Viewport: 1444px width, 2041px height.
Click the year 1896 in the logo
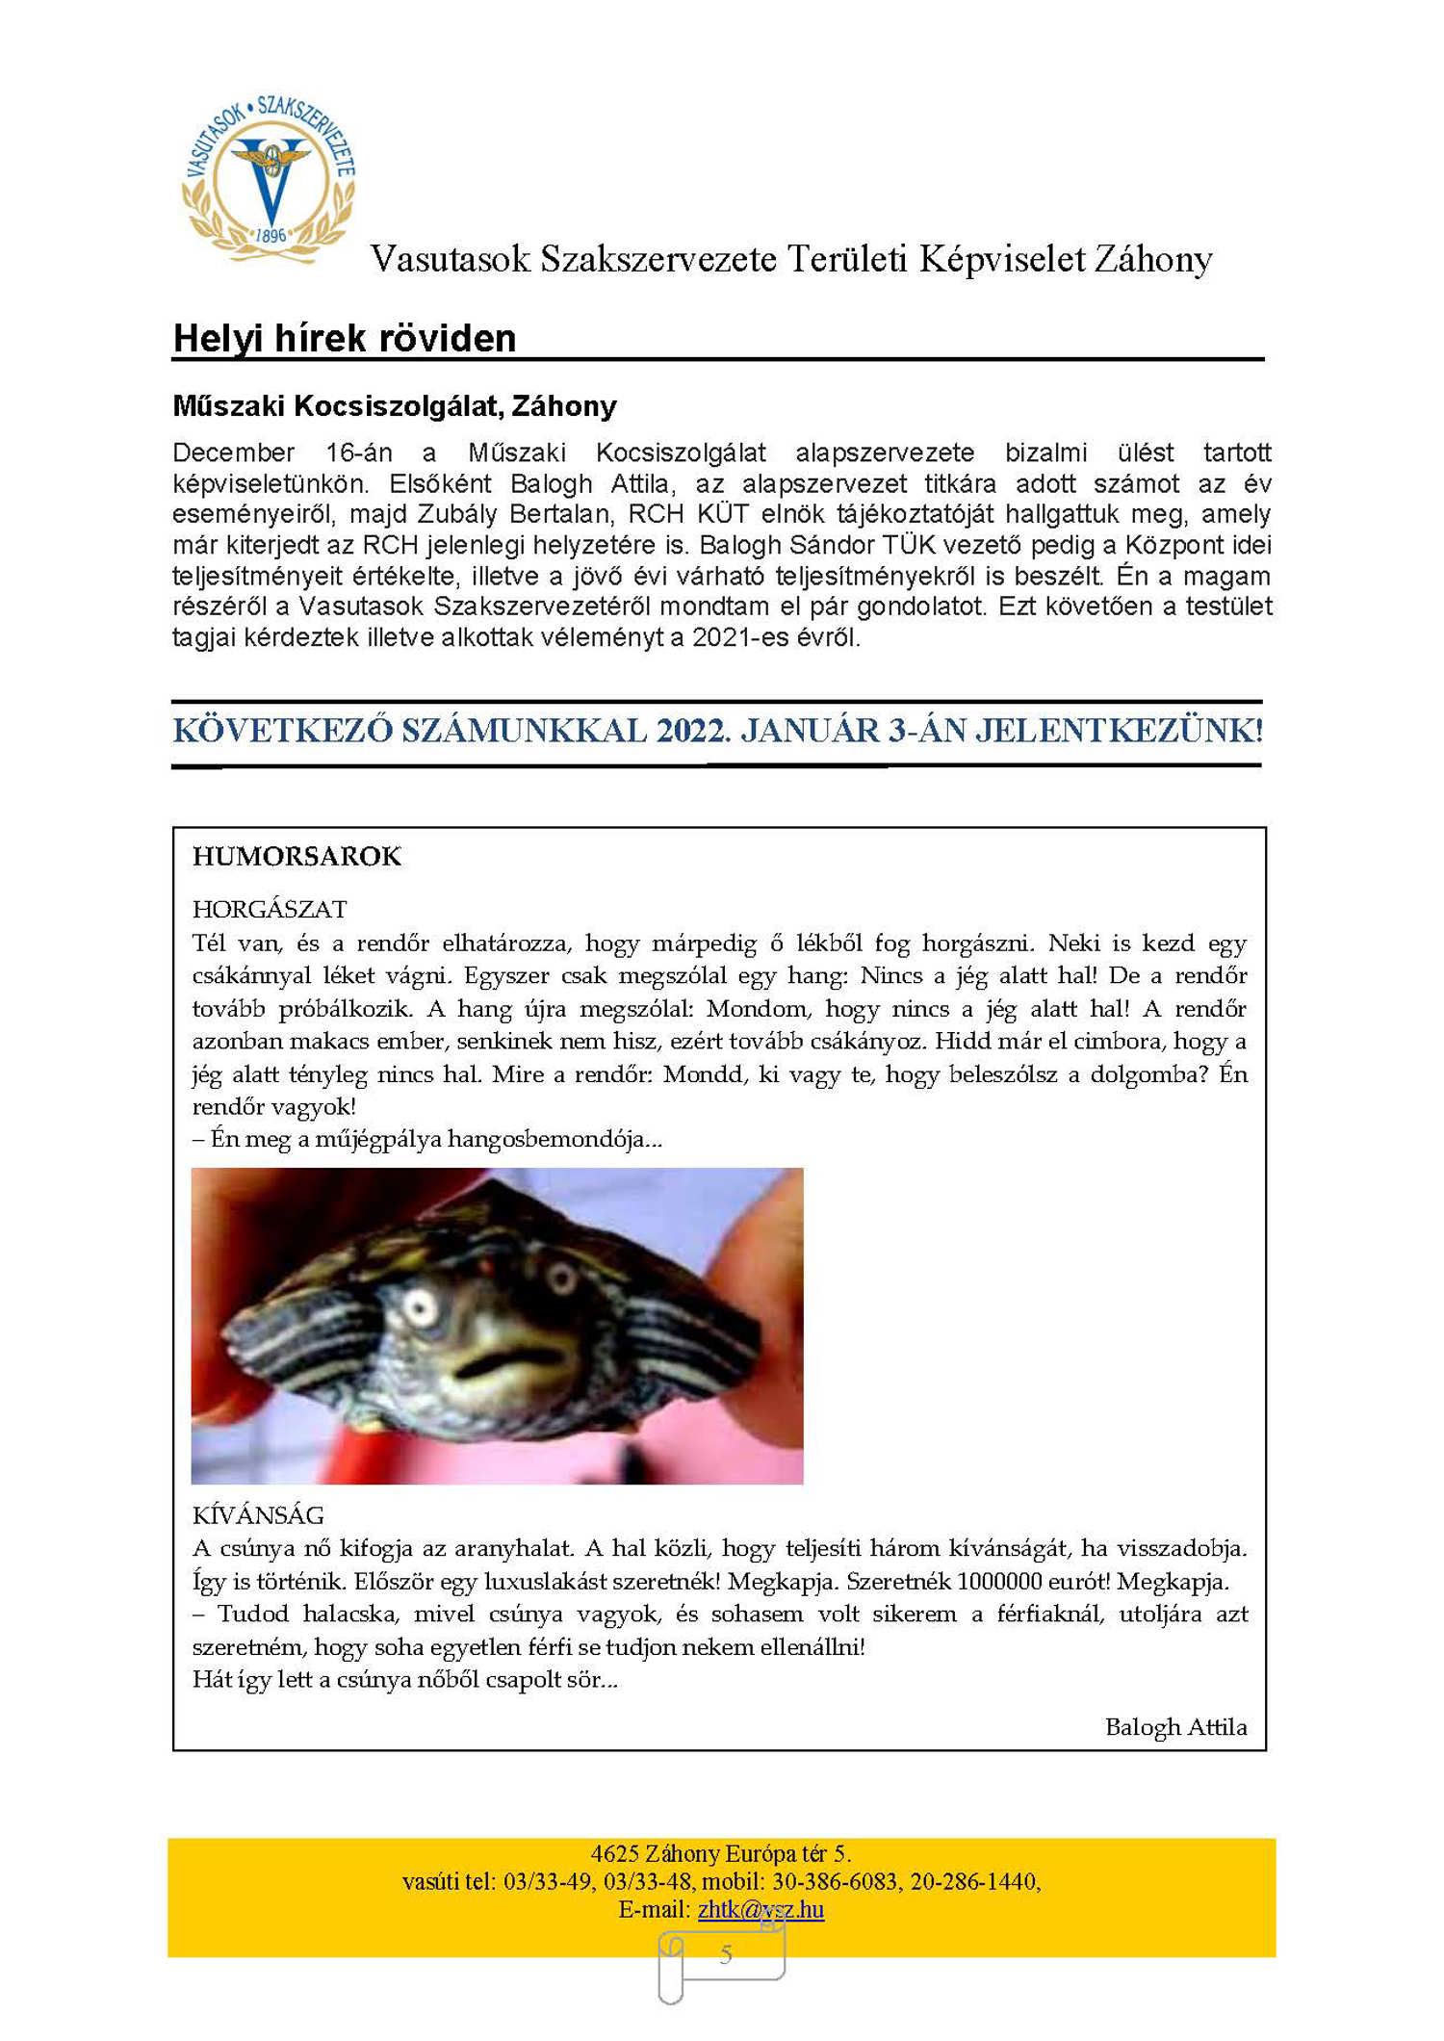click(271, 235)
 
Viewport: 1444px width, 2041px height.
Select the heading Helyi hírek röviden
click(344, 338)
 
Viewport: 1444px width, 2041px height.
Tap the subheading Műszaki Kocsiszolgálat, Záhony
click(394, 406)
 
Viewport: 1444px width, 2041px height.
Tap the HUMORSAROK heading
click(297, 856)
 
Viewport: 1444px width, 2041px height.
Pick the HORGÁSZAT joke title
click(270, 909)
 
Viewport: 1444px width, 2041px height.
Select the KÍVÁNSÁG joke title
click(258, 1515)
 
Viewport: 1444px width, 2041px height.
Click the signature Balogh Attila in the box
click(1175, 1727)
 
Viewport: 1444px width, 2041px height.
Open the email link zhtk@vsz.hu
click(761, 1909)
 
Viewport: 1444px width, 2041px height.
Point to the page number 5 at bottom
click(726, 1953)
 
